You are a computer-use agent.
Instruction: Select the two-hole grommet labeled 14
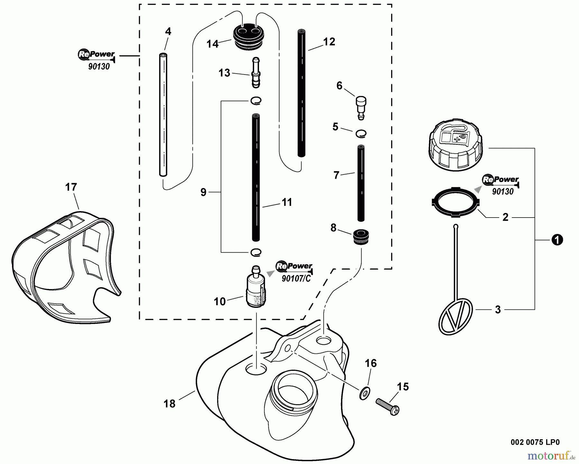pyautogui.click(x=247, y=37)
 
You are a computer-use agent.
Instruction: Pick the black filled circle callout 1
pyautogui.click(x=557, y=240)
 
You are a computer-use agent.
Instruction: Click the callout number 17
pyautogui.click(x=71, y=187)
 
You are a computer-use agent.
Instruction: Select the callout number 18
pyautogui.click(x=170, y=404)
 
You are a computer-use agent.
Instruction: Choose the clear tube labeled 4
pyautogui.click(x=163, y=114)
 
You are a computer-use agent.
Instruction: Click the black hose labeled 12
pyautogui.click(x=301, y=93)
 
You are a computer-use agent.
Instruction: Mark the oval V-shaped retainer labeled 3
pyautogui.click(x=455, y=317)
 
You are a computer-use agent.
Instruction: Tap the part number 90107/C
pyautogui.click(x=296, y=279)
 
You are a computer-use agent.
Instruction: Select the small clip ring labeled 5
pyautogui.click(x=361, y=133)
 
